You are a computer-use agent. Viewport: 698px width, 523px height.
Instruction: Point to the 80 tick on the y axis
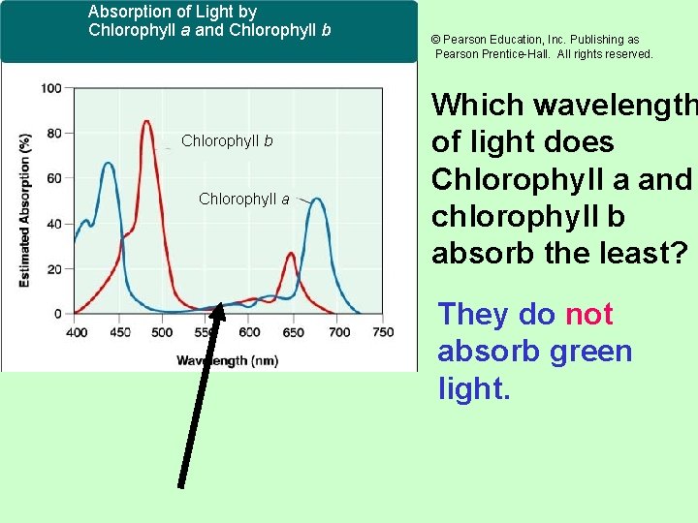(53, 133)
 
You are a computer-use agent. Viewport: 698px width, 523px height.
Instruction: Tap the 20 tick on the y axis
(53, 268)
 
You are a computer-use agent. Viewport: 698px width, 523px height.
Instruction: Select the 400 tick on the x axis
(76, 332)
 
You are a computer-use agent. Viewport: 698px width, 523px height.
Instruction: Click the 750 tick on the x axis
(383, 332)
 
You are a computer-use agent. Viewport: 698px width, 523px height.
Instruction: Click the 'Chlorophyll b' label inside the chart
(227, 141)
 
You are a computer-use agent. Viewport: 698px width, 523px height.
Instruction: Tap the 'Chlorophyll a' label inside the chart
(243, 199)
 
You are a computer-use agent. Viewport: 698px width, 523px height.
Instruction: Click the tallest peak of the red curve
(145, 122)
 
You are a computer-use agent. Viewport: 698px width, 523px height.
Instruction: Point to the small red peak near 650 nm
(290, 254)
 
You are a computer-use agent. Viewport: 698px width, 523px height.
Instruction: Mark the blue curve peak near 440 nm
(109, 164)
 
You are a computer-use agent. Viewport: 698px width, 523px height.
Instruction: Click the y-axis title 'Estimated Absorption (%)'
(24, 209)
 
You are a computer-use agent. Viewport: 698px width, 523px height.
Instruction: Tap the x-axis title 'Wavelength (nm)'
(227, 360)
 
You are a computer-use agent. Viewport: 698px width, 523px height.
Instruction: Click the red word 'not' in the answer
(588, 314)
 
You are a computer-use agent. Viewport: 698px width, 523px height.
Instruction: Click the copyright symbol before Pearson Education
(436, 40)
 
